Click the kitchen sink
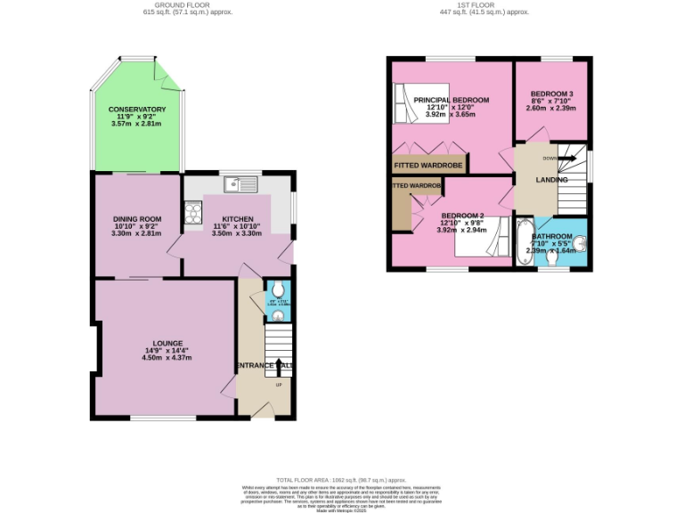click(241, 185)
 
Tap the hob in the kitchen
click(191, 212)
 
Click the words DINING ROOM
click(136, 219)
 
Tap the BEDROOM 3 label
click(551, 94)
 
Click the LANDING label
click(551, 180)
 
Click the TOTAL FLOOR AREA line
click(343, 480)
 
